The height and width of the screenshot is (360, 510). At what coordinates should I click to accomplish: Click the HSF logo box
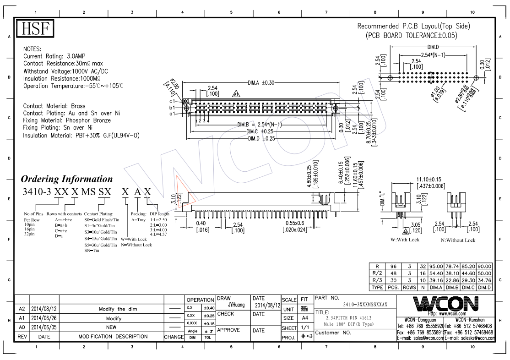tap(35, 29)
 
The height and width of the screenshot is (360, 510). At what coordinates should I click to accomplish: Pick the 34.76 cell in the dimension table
tap(484, 280)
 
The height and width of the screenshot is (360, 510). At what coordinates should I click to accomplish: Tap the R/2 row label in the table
tap(377, 273)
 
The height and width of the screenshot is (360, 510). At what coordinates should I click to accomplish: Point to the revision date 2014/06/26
tap(44, 318)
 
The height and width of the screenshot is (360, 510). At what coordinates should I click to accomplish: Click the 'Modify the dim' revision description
tap(118, 309)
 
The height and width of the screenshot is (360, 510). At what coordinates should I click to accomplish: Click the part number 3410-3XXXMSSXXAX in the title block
tap(365, 305)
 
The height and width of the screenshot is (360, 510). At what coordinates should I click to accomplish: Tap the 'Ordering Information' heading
tap(67, 179)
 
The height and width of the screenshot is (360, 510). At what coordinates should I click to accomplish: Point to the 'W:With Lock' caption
tap(404, 240)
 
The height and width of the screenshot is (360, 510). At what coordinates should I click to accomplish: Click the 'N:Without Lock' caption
tap(458, 240)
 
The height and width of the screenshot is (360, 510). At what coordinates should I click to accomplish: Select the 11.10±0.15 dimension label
tap(429, 179)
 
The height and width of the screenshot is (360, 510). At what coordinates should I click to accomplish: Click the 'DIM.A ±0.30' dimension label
tap(261, 83)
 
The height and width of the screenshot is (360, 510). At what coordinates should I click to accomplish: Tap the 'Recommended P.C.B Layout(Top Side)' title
tap(413, 26)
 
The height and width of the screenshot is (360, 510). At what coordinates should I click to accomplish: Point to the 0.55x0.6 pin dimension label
tap(298, 223)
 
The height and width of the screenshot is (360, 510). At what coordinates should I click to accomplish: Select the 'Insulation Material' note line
tap(81, 136)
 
